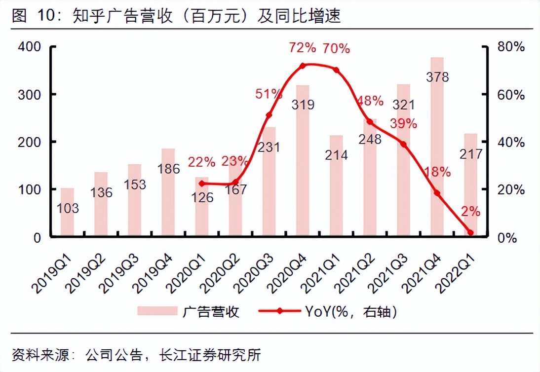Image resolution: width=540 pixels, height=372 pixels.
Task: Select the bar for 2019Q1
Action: (x=67, y=212)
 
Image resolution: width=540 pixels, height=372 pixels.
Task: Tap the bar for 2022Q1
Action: (x=470, y=185)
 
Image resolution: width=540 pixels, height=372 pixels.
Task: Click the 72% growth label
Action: (x=302, y=48)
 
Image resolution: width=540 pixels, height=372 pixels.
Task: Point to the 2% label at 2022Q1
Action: (x=470, y=212)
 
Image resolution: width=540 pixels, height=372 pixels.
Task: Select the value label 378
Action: (x=437, y=77)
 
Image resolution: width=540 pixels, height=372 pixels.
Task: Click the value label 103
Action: (x=67, y=209)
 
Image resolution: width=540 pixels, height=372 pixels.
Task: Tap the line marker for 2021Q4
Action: (x=437, y=193)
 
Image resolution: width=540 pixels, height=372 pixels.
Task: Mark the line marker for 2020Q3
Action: (x=269, y=115)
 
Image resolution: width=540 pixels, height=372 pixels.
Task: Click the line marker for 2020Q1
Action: (x=202, y=184)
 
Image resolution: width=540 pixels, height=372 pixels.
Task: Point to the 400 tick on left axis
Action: (x=31, y=47)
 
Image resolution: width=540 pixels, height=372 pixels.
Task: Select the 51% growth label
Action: (x=269, y=94)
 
